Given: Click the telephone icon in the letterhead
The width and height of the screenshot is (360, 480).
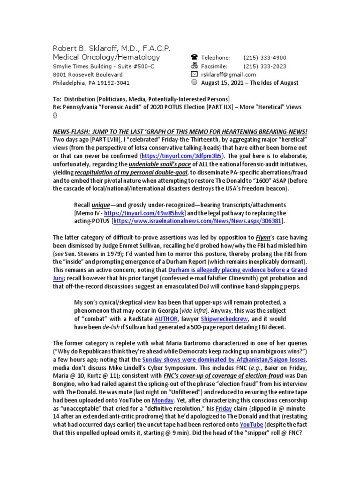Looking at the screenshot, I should point(194,57).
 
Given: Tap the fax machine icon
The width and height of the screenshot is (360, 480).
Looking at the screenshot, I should point(194,66).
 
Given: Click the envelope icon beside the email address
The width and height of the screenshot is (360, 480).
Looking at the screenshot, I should point(194,75).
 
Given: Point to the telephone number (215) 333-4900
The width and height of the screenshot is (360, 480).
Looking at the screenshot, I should point(265,58).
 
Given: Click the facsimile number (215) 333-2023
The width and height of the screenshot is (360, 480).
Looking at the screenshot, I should point(265,66).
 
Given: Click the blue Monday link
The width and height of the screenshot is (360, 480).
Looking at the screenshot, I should point(163,400).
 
